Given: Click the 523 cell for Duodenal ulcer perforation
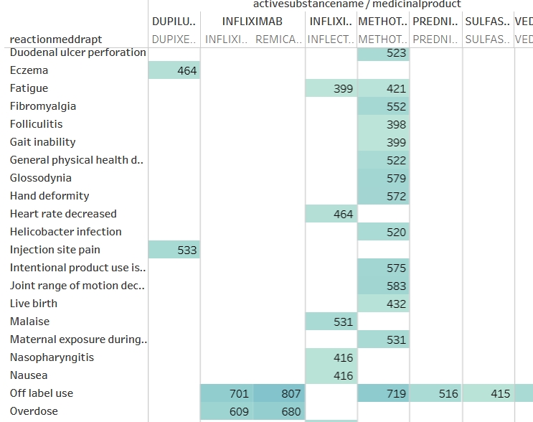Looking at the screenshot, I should coord(383,53).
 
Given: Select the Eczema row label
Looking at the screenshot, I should coord(29,70).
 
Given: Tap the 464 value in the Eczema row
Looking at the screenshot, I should coord(174,71).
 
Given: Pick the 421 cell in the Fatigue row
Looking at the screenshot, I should coord(383,89).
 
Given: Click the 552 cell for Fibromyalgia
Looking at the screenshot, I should coord(383,107).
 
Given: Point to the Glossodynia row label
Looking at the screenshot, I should coord(40,178).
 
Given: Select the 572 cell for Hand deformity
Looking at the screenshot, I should coord(383,197).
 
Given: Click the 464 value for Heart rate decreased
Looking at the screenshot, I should coord(331,215).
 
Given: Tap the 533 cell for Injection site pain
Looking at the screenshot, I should coord(174,250).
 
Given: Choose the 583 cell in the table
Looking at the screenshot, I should coord(383,286).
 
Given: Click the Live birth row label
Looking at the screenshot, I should coord(34,304).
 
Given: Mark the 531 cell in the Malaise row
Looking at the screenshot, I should coord(331,322).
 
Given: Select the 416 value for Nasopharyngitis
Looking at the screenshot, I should coord(331,358).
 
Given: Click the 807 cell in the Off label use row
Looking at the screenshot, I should coord(278,394).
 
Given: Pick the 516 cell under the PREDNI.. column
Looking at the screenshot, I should coord(436,394).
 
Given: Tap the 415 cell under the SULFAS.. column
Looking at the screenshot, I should coord(488,394).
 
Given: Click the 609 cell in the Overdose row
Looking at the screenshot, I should coord(227,412).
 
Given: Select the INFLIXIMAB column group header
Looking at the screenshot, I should coord(252,22).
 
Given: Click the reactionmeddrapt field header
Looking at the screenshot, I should coord(56,39).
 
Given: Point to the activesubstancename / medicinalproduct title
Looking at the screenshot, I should coord(357,4).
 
